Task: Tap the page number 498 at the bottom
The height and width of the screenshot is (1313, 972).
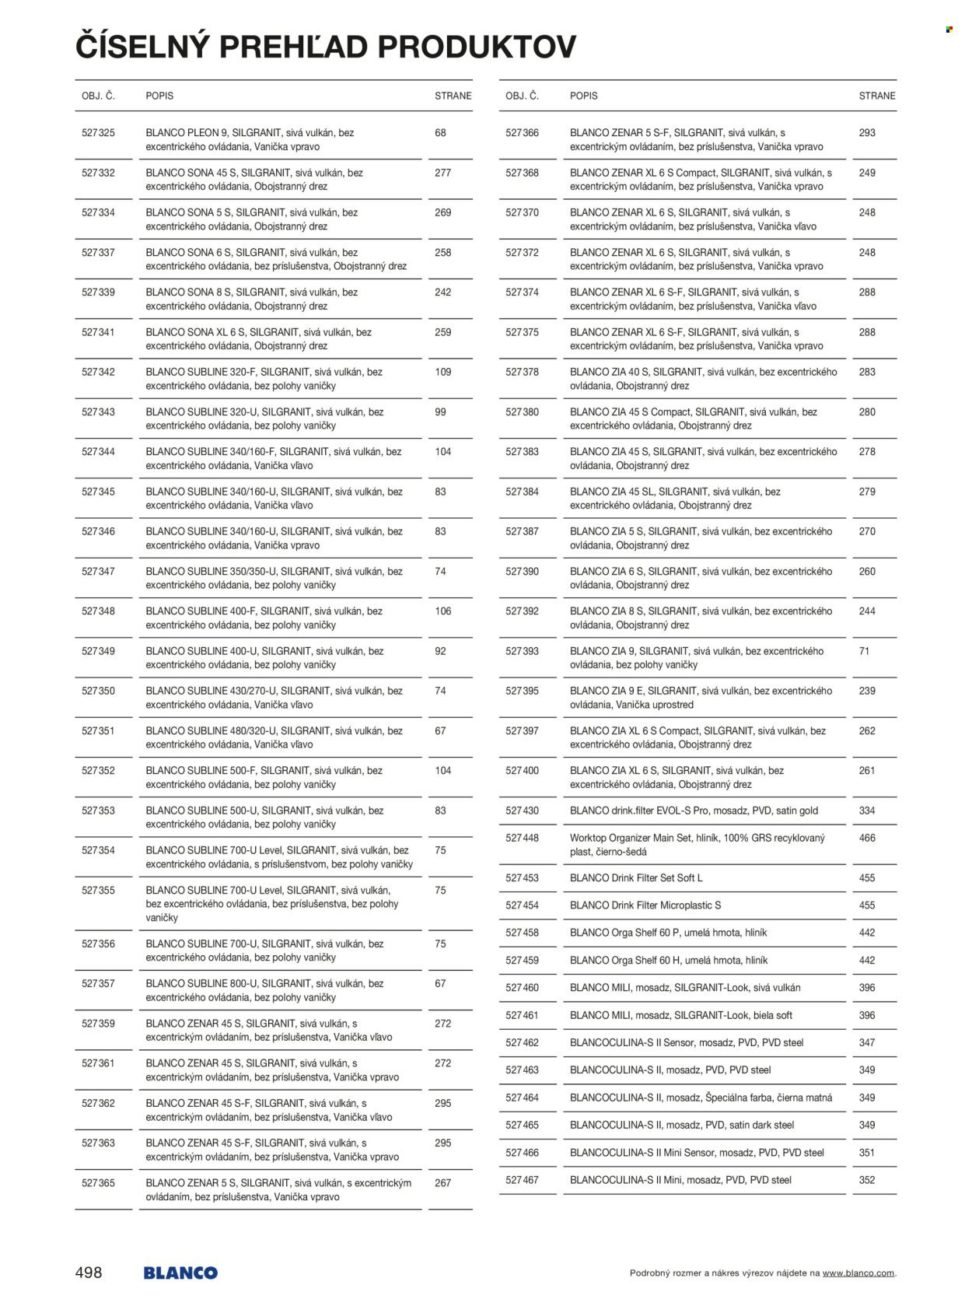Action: click(x=89, y=1273)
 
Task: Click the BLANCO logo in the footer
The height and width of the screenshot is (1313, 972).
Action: click(x=180, y=1273)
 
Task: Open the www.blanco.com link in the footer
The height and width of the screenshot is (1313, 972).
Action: click(x=858, y=1273)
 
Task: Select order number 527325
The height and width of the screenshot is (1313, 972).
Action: click(x=98, y=133)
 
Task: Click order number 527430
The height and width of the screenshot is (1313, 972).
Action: click(x=522, y=811)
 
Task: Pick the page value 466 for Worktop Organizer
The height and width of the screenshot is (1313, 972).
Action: click(x=867, y=838)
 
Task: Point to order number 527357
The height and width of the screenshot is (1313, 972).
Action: click(x=98, y=983)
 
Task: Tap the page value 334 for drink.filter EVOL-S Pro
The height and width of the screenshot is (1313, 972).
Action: click(x=867, y=811)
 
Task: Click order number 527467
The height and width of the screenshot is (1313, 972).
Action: click(x=522, y=1180)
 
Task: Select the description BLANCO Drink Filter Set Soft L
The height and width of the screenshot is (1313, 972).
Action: click(x=636, y=877)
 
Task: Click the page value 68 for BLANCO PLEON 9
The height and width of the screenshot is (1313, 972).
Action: click(x=440, y=133)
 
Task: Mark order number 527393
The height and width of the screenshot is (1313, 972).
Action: click(x=522, y=651)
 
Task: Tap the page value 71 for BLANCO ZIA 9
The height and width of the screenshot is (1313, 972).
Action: click(x=864, y=651)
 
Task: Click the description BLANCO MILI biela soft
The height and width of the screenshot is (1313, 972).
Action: click(x=681, y=1015)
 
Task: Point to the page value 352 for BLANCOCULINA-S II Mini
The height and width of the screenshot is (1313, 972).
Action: click(x=867, y=1180)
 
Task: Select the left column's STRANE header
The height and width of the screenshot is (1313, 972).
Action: click(x=453, y=96)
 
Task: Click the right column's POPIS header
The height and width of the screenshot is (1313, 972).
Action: click(x=583, y=96)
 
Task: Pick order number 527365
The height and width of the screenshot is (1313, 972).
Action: click(x=98, y=1183)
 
